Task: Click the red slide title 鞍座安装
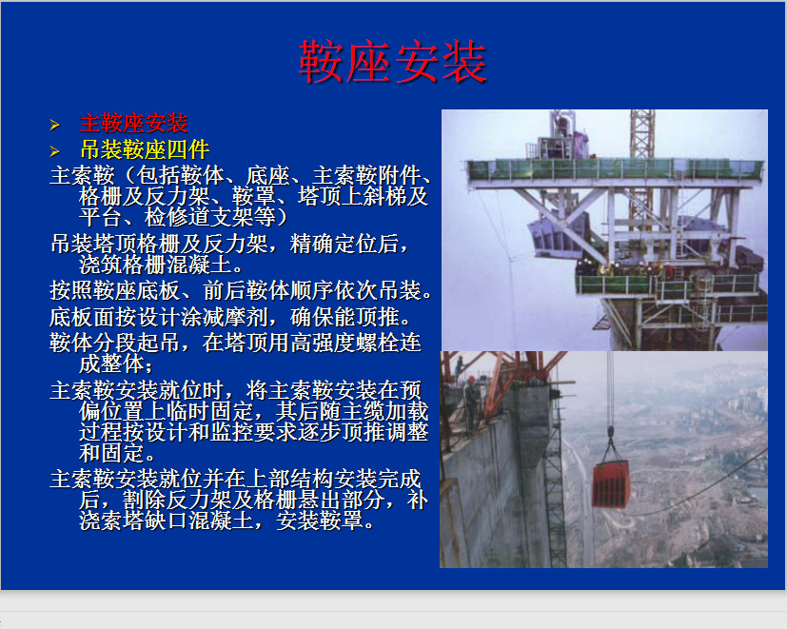(x=392, y=62)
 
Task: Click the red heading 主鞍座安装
(x=134, y=124)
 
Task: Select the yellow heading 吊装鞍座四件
(x=145, y=149)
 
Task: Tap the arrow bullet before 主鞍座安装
(x=54, y=125)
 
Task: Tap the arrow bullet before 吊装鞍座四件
(x=54, y=150)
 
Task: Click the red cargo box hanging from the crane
(x=610, y=483)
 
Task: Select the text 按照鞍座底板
(x=115, y=290)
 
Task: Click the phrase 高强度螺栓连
(x=356, y=343)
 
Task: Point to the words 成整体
(x=112, y=364)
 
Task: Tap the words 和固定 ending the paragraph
(x=112, y=453)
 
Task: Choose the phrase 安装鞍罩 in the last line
(x=320, y=521)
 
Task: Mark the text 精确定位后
(x=344, y=244)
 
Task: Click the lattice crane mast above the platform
(x=642, y=134)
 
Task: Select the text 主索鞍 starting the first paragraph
(x=82, y=176)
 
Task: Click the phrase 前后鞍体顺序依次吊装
(x=312, y=290)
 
